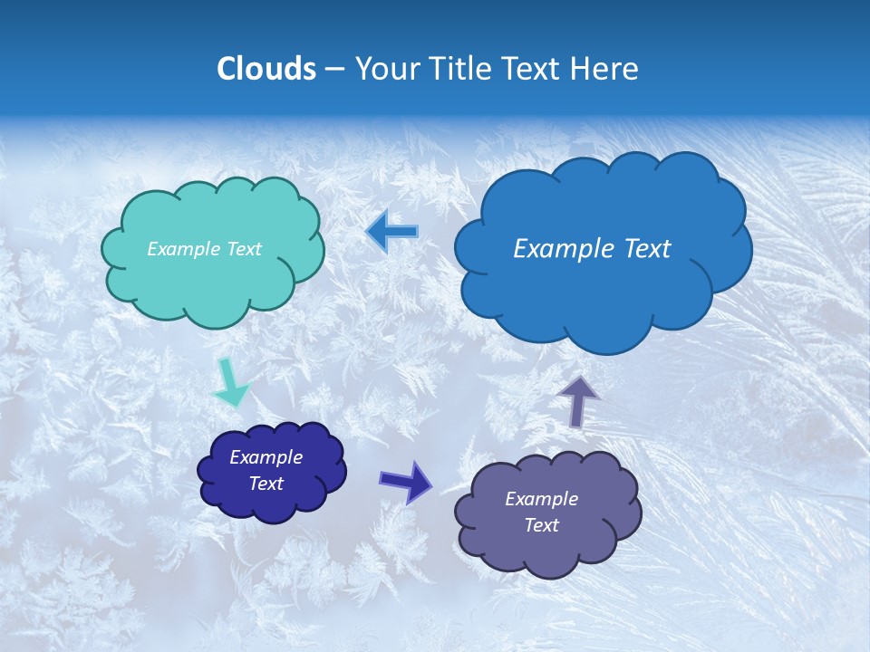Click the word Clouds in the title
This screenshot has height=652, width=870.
pyautogui.click(x=266, y=69)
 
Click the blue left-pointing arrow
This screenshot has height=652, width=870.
pyautogui.click(x=392, y=232)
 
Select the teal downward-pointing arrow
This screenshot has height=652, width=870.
pyautogui.click(x=229, y=382)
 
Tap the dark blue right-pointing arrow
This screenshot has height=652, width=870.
pyautogui.click(x=405, y=481)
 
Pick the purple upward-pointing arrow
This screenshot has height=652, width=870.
pyautogui.click(x=578, y=400)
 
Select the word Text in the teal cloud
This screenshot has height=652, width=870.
pyautogui.click(x=244, y=249)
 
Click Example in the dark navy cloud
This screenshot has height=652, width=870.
pyautogui.click(x=266, y=457)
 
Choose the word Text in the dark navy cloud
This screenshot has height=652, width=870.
pyautogui.click(x=266, y=484)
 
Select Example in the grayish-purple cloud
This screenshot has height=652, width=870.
pyautogui.click(x=541, y=499)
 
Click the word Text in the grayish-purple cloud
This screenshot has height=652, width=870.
pyautogui.click(x=541, y=525)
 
